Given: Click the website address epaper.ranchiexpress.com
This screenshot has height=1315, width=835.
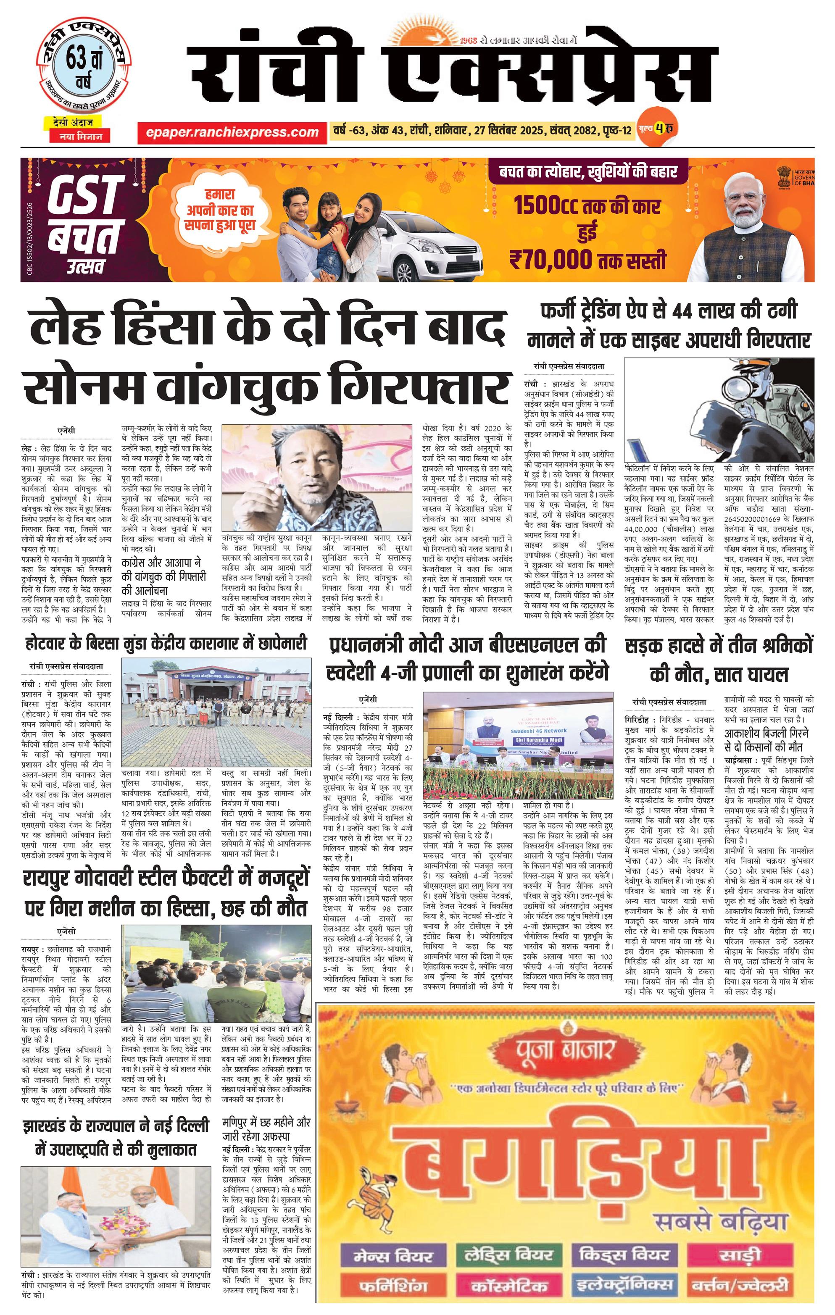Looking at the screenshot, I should tap(232, 131).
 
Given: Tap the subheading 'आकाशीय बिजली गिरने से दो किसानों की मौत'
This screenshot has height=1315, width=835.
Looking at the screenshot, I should tap(766, 739).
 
